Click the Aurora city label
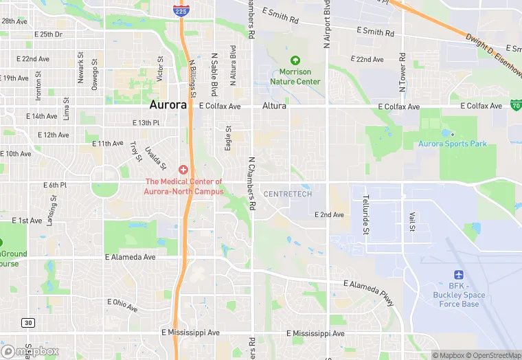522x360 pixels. click(168, 106)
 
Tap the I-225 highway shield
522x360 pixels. click(181, 10)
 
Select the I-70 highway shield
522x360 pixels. click(516, 105)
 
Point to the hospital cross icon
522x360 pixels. click(183, 169)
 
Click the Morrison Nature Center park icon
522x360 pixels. click(295, 61)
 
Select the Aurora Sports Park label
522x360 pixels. click(452, 144)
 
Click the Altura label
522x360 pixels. click(273, 106)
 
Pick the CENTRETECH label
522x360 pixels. click(287, 194)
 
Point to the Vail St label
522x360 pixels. click(413, 221)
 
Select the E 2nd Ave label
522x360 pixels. click(329, 215)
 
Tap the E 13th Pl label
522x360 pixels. click(146, 122)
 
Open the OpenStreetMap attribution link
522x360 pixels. click(492, 355)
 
